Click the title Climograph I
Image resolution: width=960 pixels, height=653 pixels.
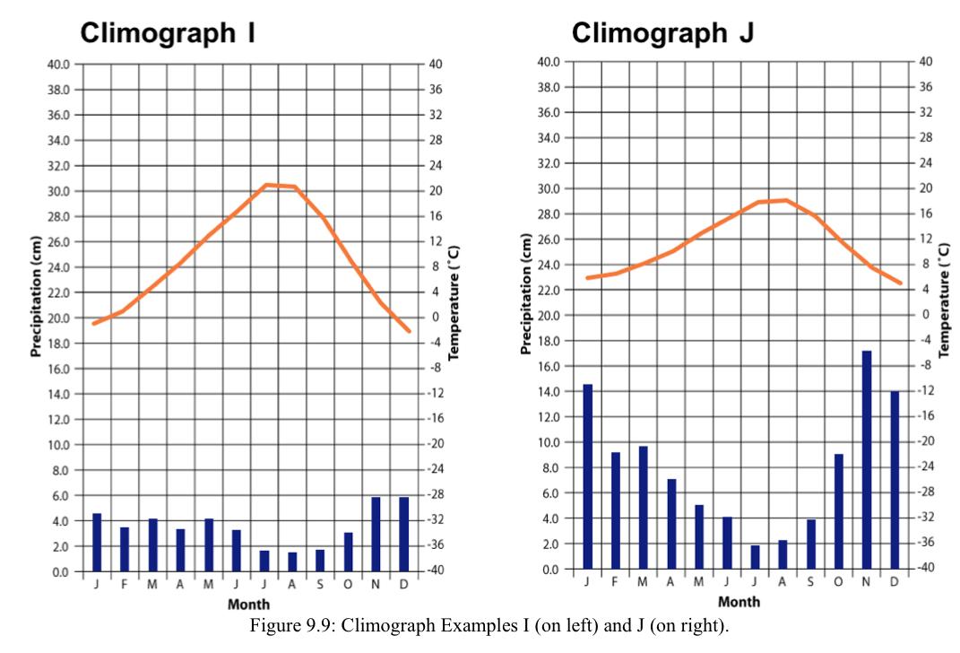coord(168,33)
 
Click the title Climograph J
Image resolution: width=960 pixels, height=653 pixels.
coord(662,33)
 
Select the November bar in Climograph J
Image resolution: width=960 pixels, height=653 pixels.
coord(867,459)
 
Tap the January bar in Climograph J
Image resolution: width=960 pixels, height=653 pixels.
coord(588,476)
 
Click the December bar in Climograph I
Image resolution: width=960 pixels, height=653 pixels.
coord(403,535)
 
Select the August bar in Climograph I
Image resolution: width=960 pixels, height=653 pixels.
coord(292,562)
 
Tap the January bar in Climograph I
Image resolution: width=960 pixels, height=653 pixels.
coord(97,543)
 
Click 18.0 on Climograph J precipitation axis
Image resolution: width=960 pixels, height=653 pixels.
coord(549,341)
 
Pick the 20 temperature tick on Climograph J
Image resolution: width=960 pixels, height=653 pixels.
coord(925,188)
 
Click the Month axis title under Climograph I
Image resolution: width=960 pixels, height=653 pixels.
coord(249,605)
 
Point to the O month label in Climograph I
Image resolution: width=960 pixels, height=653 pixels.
coord(348,584)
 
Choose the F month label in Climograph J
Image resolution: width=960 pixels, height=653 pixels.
coord(615,581)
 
